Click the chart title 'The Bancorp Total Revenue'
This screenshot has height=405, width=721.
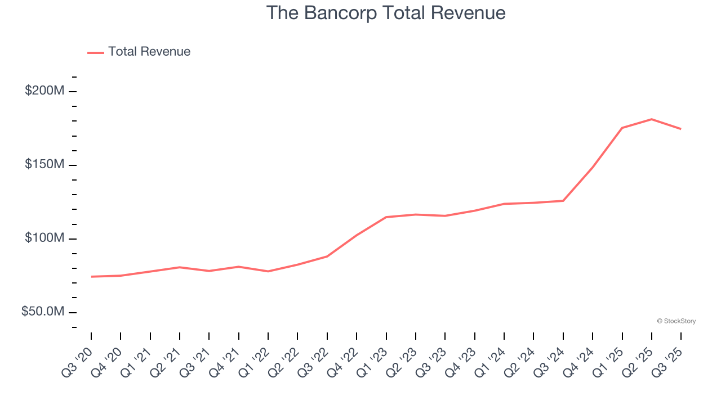coord(385,12)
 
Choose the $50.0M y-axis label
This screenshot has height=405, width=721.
coord(43,312)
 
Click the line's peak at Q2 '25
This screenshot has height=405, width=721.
coord(652,119)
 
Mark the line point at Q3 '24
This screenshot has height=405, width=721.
coord(563,201)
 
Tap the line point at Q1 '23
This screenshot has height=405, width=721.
coord(386,217)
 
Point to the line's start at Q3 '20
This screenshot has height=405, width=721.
coord(91,277)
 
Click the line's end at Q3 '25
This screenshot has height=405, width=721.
coord(681,129)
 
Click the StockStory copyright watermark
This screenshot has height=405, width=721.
coord(676,321)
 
